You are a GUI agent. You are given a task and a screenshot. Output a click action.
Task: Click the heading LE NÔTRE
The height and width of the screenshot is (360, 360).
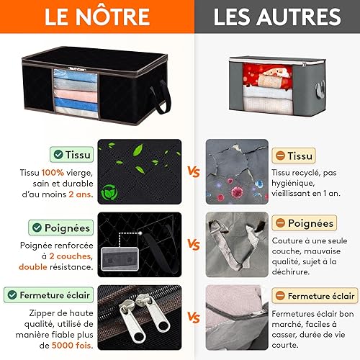pyautogui.click(x=97, y=17)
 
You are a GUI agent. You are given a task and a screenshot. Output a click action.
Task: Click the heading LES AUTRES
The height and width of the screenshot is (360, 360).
pyautogui.click(x=277, y=17)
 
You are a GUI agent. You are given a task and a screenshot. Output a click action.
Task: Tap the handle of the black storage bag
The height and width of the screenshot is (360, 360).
pyautogui.click(x=161, y=96)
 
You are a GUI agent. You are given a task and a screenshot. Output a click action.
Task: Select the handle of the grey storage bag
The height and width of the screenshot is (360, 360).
pyautogui.click(x=320, y=89)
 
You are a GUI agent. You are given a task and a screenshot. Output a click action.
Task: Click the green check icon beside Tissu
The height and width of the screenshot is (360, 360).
pyautogui.click(x=58, y=154)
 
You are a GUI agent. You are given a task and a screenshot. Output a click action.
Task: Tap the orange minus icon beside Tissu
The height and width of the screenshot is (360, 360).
pyautogui.click(x=280, y=156)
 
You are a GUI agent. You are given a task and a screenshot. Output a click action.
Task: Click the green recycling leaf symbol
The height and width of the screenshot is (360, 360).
pyautogui.click(x=109, y=192)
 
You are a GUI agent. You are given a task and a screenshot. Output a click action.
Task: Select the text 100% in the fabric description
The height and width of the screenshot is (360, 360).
pyautogui.click(x=53, y=173)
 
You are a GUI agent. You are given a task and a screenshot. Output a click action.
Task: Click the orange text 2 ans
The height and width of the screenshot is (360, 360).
pyautogui.click(x=81, y=194)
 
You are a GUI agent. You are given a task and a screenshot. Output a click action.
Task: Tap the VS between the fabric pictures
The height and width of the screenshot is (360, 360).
pyautogui.click(x=194, y=171)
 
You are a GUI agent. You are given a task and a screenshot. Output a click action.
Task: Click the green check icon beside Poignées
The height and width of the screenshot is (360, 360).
pyautogui.click(x=37, y=228)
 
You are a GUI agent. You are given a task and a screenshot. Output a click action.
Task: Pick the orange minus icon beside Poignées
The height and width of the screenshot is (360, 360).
pyautogui.click(x=280, y=222)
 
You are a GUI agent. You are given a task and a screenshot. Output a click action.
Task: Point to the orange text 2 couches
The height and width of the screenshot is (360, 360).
pyautogui.click(x=71, y=256)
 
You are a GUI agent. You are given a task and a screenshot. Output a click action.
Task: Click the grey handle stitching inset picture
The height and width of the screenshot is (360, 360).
pyautogui.click(x=120, y=259)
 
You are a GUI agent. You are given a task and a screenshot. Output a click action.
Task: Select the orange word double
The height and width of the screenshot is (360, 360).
pyautogui.click(x=33, y=267)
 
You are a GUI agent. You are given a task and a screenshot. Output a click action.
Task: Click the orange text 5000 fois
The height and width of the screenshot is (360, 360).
pyautogui.click(x=72, y=346)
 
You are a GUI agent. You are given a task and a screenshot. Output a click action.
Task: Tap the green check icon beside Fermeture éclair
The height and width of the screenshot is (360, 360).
pyautogui.click(x=12, y=294)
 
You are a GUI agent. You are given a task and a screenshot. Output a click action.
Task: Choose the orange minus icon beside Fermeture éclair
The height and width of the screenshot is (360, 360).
pyautogui.click(x=280, y=295)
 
